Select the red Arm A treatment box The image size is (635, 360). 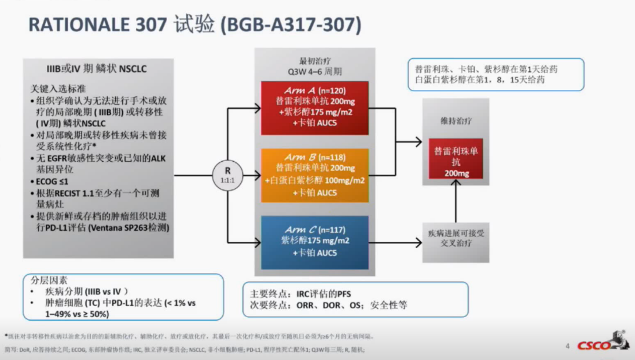tap(314, 108)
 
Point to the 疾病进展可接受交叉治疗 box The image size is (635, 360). tap(456, 238)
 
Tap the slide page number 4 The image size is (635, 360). tap(567, 346)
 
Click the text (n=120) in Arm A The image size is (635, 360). tap(332, 91)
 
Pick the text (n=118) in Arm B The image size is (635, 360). tap(332, 158)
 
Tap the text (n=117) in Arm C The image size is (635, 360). tap(332, 229)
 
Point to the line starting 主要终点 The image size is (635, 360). tap(301, 293)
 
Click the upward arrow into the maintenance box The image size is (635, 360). tap(456, 200)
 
